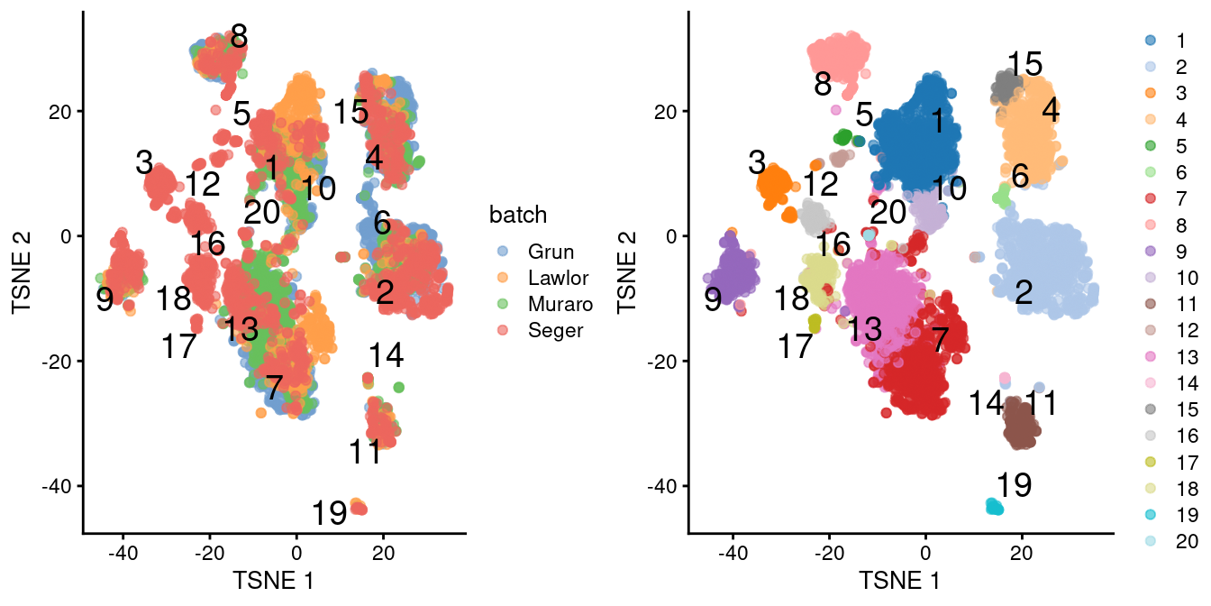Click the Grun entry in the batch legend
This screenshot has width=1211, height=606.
[552, 252]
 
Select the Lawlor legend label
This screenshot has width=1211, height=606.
[560, 278]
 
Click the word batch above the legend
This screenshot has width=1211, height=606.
[518, 215]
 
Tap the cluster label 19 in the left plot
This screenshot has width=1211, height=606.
[330, 514]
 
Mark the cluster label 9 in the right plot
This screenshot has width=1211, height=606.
[713, 300]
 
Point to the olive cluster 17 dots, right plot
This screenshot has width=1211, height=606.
[815, 322]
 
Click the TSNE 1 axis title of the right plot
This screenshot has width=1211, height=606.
[899, 580]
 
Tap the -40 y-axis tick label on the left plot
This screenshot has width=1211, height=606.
[59, 486]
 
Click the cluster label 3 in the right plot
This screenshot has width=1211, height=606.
[757, 163]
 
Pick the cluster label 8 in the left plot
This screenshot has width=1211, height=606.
[239, 37]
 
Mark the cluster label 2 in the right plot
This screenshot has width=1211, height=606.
[1024, 293]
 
